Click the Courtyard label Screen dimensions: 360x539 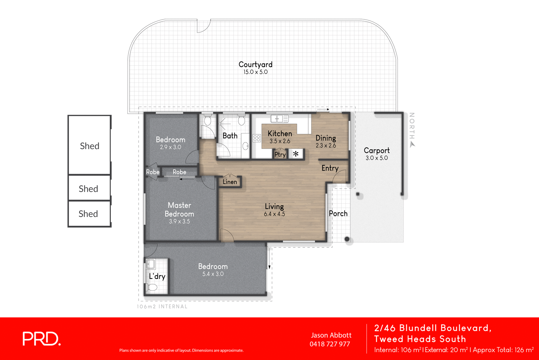(255, 65)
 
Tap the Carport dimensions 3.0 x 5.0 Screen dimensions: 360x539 (376, 158)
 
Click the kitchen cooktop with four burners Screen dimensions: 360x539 (257, 138)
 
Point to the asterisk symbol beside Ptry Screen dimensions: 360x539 (296, 154)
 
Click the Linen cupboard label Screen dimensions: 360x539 (230, 182)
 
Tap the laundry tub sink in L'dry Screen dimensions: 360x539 (150, 264)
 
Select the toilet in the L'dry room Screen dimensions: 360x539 (152, 287)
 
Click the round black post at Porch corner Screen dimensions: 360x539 (347, 239)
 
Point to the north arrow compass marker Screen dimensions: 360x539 (412, 144)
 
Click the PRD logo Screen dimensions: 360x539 (42, 339)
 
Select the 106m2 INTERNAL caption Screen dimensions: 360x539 (162, 307)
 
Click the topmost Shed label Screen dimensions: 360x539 (90, 146)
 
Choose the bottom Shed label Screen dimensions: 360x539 (88, 214)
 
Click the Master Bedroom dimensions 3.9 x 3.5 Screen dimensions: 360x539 (179, 222)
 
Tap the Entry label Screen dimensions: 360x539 (330, 168)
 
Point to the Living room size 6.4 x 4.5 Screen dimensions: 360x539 (274, 214)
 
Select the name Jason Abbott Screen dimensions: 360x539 (331, 335)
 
